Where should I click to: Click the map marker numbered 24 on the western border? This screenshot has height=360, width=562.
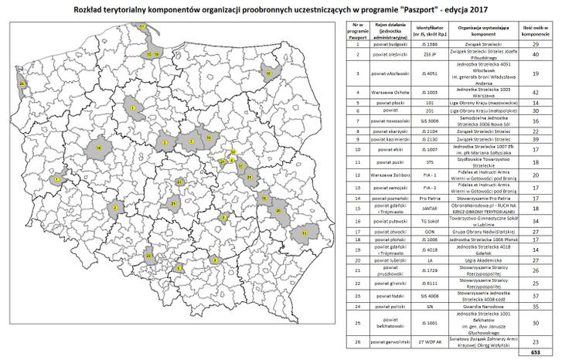point(22,83)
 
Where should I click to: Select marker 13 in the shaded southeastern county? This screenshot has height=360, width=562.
point(305,231)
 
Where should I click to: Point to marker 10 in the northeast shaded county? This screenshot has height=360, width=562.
point(268,73)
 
